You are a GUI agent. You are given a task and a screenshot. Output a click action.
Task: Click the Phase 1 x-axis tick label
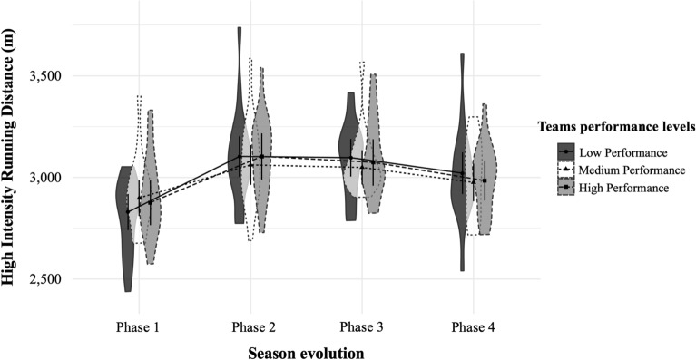[139, 325]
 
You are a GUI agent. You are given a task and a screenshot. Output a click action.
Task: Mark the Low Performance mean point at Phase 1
[128, 211]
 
